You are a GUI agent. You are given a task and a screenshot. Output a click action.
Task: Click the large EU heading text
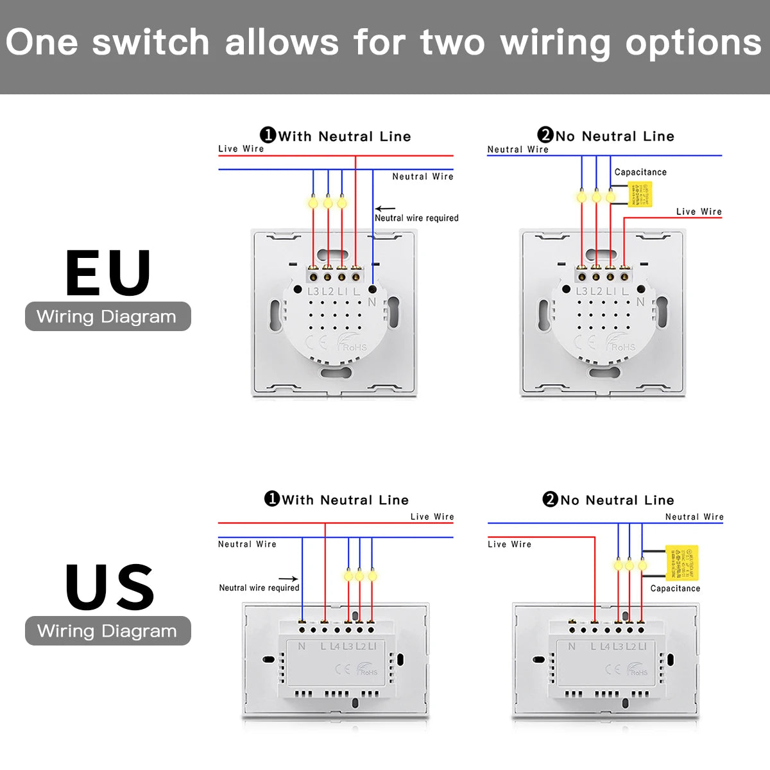tap(108, 273)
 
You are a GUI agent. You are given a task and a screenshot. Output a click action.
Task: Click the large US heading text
tap(110, 587)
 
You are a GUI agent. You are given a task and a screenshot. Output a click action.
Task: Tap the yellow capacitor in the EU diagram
tap(639, 194)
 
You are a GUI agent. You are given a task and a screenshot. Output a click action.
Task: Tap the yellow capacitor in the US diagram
tap(681, 563)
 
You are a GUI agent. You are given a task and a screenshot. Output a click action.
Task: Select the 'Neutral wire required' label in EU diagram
tap(416, 218)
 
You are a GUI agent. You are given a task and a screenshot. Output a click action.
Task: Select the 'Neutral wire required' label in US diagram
tap(259, 588)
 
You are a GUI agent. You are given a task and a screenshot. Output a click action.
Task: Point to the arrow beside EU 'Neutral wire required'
tap(385, 209)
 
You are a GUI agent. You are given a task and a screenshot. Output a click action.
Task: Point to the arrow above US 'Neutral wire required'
tap(288, 579)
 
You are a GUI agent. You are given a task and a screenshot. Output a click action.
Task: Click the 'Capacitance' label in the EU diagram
tap(640, 172)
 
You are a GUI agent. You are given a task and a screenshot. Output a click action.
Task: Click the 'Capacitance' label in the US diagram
tap(675, 588)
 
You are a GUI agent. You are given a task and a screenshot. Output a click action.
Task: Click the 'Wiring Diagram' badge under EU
tap(107, 316)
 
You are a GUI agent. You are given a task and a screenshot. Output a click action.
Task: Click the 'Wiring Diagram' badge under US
tap(107, 631)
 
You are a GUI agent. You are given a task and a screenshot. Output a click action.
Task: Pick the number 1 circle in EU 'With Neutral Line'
tap(268, 135)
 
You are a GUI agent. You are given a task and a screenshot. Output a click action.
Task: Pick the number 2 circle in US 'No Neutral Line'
tap(550, 499)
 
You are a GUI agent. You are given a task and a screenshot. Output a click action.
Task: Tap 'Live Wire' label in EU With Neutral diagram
tap(241, 149)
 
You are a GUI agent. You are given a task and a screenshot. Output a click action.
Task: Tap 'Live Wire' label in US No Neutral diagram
tap(509, 544)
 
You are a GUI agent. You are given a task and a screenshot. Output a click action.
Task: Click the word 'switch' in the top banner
tap(151, 42)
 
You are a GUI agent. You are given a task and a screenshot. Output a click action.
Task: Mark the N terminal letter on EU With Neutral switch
tap(372, 302)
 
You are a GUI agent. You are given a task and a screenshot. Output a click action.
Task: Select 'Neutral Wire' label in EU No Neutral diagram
tap(517, 150)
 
